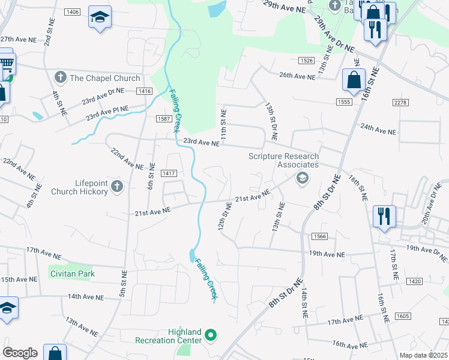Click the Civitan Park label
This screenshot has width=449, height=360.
(72, 274)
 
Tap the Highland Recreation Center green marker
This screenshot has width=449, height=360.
(211, 335)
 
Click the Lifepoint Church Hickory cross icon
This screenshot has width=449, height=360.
(117, 187)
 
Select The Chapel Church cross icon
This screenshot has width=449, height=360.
(60, 78)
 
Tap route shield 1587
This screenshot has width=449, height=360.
(165, 119)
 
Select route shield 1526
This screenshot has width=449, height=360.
(307, 61)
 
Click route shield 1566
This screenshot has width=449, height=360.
(319, 237)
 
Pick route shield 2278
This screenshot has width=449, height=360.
(400, 103)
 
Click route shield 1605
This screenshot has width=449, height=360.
(403, 316)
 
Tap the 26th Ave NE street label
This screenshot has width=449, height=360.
(297, 76)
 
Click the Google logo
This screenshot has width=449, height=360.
(20, 353)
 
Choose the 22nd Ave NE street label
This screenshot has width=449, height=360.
(127, 158)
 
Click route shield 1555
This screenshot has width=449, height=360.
(344, 103)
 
